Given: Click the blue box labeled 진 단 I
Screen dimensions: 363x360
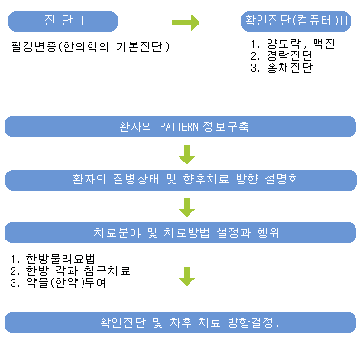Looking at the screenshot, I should point(62,21).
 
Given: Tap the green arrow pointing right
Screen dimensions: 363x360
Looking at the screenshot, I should point(185,21).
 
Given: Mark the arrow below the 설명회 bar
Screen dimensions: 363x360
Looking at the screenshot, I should point(186,205).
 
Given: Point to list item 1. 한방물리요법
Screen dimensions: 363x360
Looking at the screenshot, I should point(54,258).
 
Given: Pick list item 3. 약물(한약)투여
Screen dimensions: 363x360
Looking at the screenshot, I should point(59,281).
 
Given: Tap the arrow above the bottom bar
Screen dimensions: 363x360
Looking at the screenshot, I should point(186,276).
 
